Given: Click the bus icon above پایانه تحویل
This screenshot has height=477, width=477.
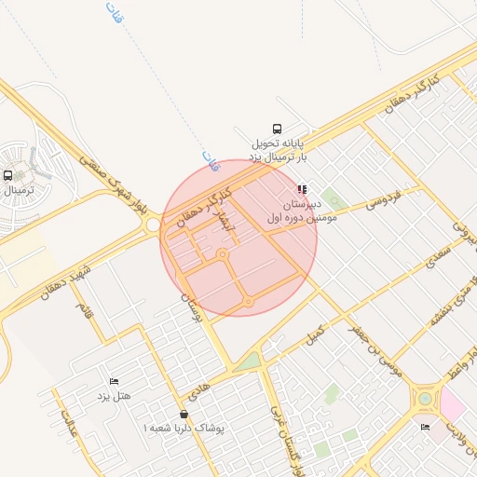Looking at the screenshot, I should pos(276,129).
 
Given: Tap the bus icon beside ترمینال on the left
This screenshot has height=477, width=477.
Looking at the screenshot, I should pos(8,175).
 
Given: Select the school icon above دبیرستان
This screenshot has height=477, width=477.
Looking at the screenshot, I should pos(302,189).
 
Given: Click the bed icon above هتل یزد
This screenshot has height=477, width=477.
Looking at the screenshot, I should pos(114,382).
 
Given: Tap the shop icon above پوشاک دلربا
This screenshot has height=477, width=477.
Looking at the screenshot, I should pos(184,414).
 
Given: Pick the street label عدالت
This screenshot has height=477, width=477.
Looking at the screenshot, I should pos(68,423).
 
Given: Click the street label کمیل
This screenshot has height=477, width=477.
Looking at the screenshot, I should pos(317,331).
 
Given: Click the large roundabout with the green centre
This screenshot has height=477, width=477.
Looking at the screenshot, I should pos(426,399).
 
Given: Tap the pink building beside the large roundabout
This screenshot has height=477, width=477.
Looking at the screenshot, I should pos(453,402).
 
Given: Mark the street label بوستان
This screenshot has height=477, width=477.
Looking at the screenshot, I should pos(190,305).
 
